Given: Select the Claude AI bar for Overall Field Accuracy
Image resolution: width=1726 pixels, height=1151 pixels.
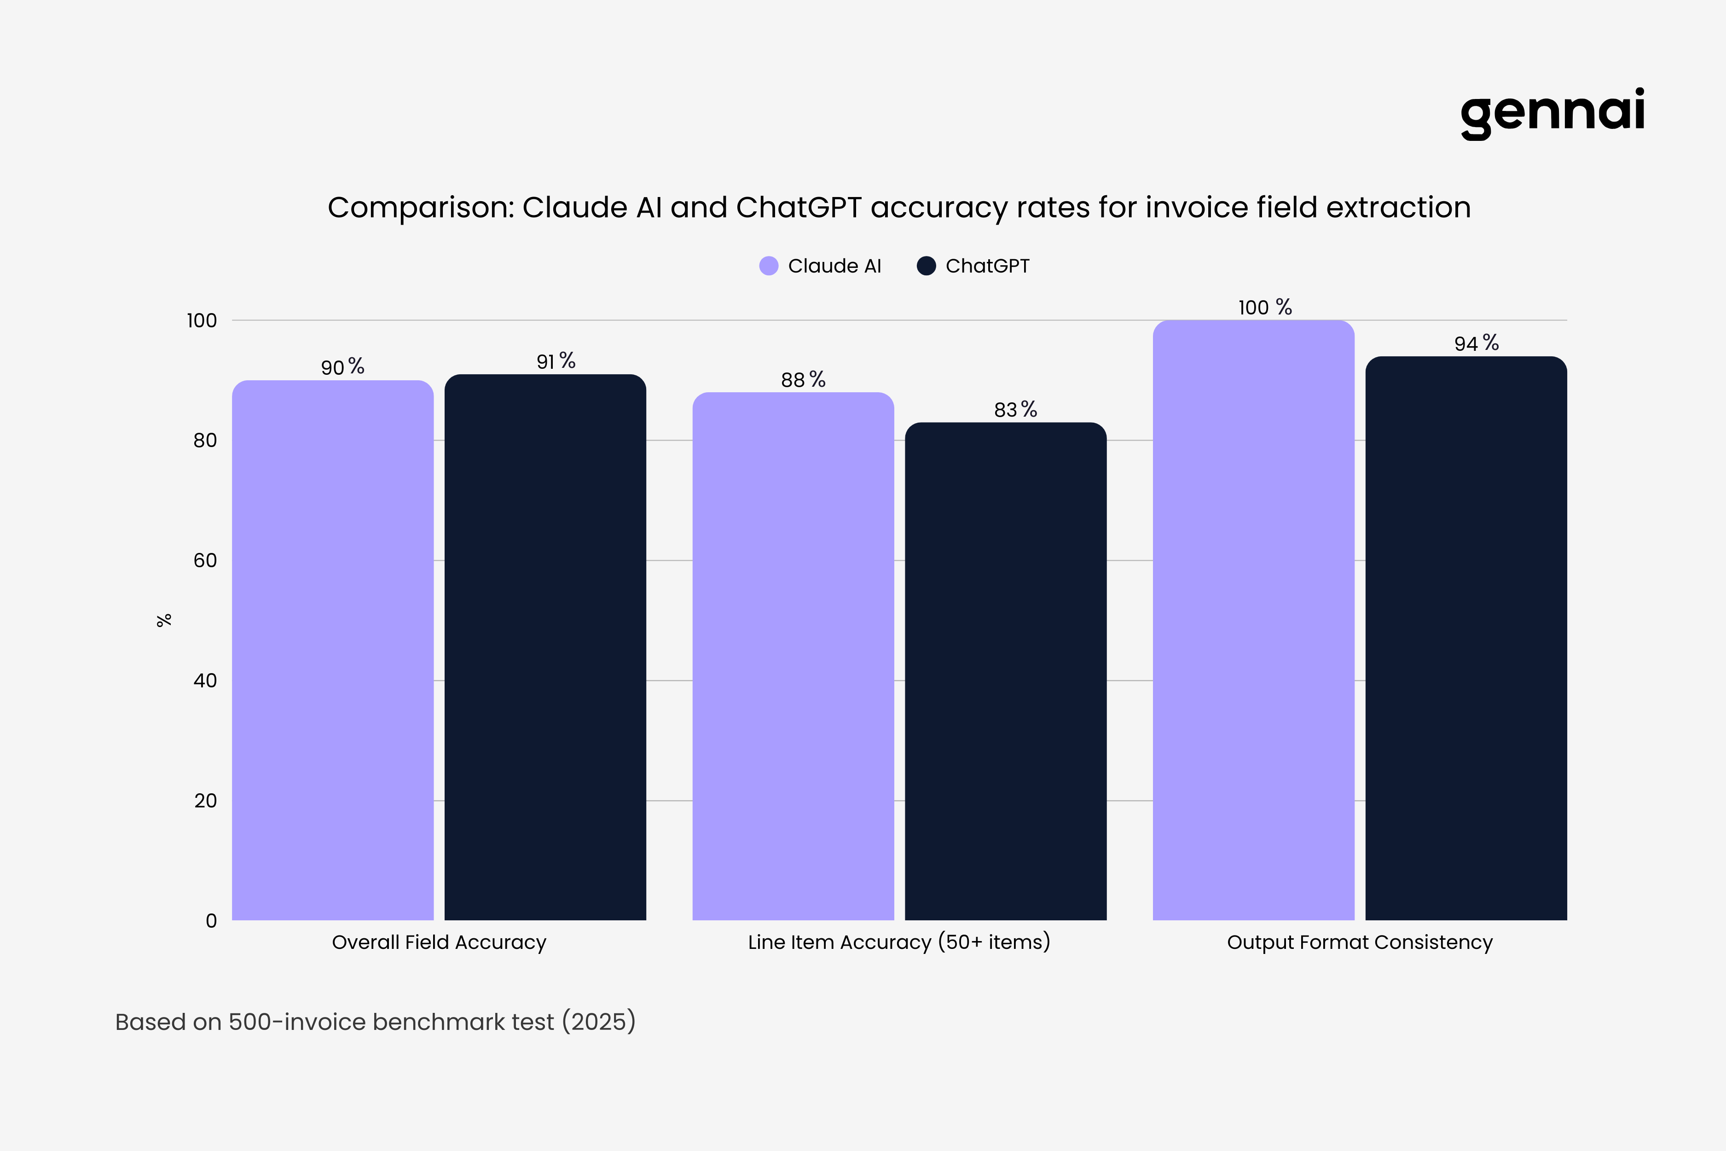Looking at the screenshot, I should pyautogui.click(x=332, y=650).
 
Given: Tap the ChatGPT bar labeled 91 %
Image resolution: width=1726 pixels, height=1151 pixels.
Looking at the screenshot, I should pyautogui.click(x=545, y=646).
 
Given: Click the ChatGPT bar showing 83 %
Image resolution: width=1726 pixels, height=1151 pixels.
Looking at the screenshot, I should pyautogui.click(x=1005, y=670).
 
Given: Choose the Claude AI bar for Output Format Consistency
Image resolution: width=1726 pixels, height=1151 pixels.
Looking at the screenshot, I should pyautogui.click(x=1253, y=620).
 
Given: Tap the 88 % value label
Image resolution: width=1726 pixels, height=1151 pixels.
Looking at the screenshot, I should pyautogui.click(x=803, y=379).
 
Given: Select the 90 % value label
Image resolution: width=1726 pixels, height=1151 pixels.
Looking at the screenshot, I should pyautogui.click(x=342, y=367).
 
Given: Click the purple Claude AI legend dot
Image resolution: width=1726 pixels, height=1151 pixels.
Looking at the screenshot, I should pyautogui.click(x=768, y=266).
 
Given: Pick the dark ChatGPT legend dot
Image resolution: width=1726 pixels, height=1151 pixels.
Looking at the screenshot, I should pyautogui.click(x=926, y=266).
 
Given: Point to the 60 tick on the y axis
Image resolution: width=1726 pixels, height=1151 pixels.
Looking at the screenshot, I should pyautogui.click(x=205, y=561).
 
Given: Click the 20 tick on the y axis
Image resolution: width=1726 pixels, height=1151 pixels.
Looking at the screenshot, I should pyautogui.click(x=205, y=801).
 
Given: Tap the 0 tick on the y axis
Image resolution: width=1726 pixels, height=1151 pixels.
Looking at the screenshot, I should pyautogui.click(x=211, y=920).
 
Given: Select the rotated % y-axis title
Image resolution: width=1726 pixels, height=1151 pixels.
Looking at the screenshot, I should pyautogui.click(x=164, y=620).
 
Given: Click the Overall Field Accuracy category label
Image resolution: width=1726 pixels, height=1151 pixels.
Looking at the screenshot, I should pyautogui.click(x=439, y=942).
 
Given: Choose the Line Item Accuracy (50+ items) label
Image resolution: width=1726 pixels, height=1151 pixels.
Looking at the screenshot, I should pyautogui.click(x=899, y=942).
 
